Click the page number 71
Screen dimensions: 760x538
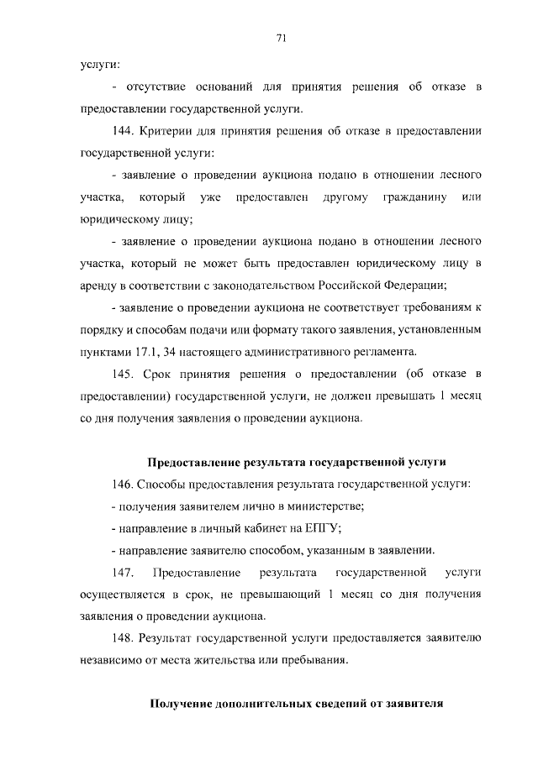click(x=282, y=36)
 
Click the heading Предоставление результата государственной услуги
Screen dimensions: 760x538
click(x=296, y=462)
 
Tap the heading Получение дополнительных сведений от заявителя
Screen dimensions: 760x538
click(x=296, y=703)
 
